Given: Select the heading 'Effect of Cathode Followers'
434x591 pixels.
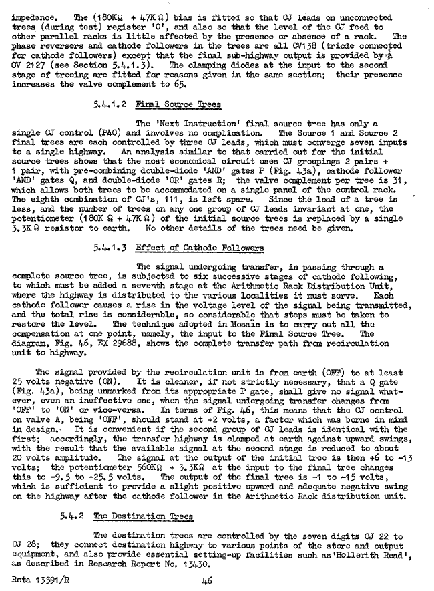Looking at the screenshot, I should tap(200, 248).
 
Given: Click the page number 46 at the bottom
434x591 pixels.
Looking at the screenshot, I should tap(206, 581).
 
